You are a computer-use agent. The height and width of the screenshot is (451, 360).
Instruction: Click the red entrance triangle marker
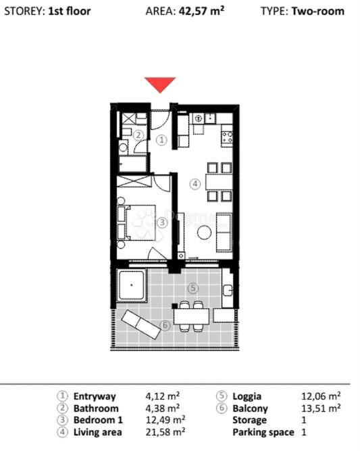(161, 85)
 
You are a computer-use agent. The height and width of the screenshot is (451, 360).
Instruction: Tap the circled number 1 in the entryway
(161, 140)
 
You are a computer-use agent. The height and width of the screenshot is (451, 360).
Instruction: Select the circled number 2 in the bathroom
(137, 135)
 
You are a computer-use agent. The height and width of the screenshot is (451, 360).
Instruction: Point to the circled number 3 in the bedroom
(161, 220)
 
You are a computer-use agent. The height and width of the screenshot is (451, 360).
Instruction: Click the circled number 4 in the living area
(195, 183)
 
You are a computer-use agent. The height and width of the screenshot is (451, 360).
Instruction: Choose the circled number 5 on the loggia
(193, 287)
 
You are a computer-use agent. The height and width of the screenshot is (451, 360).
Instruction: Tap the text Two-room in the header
(317, 11)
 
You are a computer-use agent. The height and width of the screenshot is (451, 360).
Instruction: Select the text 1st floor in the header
(70, 11)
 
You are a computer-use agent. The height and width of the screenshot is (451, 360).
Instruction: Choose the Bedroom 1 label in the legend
(98, 420)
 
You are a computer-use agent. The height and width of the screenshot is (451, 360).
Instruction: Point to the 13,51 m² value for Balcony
(321, 408)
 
